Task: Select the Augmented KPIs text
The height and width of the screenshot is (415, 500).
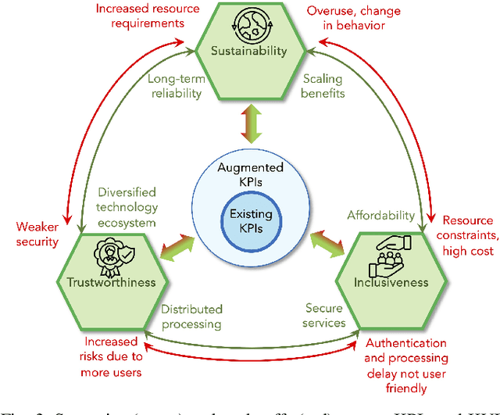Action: click(246, 176)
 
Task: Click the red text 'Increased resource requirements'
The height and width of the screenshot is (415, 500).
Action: click(141, 16)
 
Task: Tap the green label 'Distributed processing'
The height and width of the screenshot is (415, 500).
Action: click(191, 316)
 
